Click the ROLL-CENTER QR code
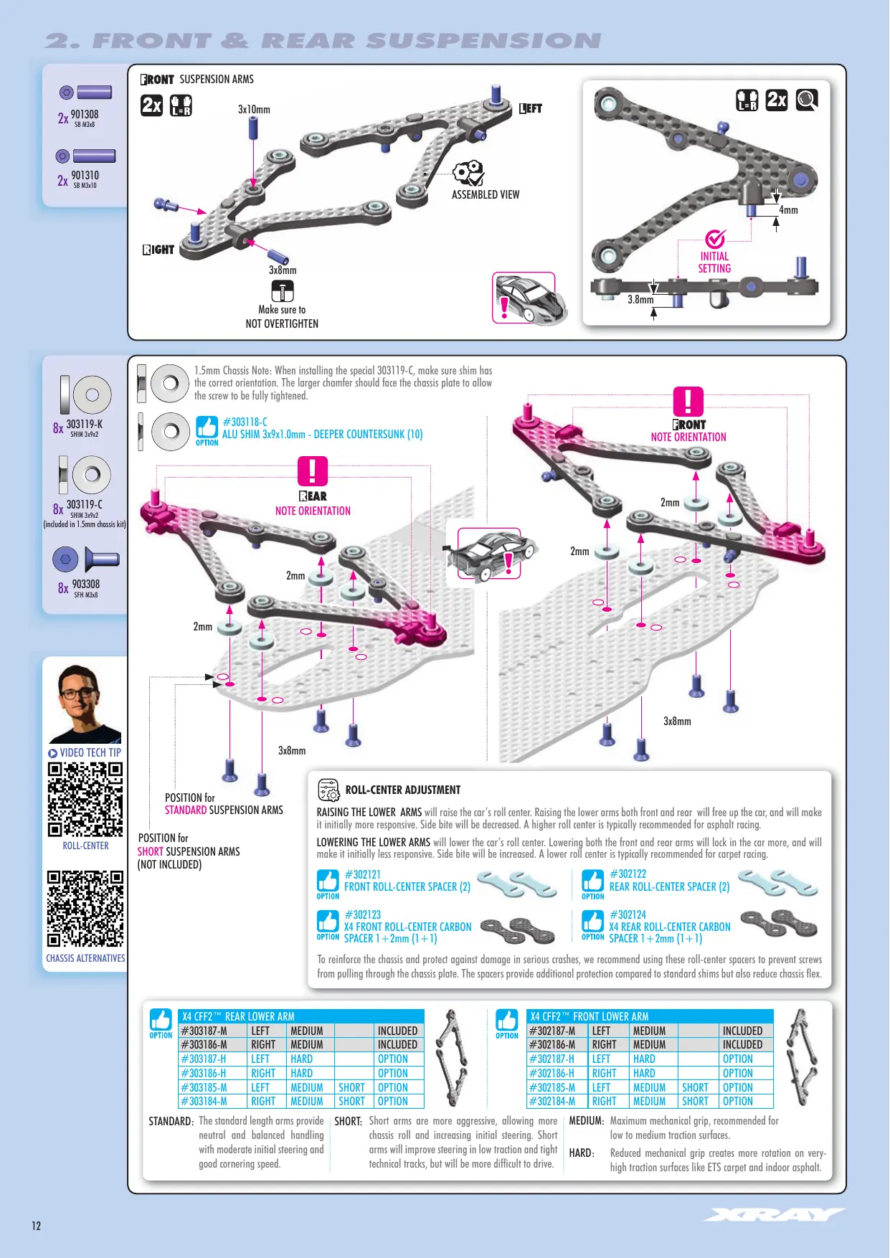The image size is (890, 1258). coord(85,799)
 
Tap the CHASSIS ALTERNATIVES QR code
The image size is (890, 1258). coord(85,909)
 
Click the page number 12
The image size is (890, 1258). coord(37,1226)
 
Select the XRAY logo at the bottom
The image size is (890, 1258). coord(775,1214)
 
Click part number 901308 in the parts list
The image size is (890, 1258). coord(85,115)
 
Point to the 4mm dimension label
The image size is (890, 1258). coord(788,210)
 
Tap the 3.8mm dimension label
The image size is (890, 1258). coord(640,300)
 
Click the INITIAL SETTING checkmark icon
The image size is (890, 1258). coord(715,239)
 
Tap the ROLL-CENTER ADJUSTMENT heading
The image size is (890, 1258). coord(403,790)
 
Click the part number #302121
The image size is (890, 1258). coord(363,874)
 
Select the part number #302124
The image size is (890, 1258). coord(628,914)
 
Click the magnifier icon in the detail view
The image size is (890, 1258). coord(807,100)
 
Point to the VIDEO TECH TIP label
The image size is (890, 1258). coord(85,752)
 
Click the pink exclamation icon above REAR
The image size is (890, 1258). coord(313,471)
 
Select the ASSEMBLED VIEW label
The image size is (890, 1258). coord(486,194)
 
